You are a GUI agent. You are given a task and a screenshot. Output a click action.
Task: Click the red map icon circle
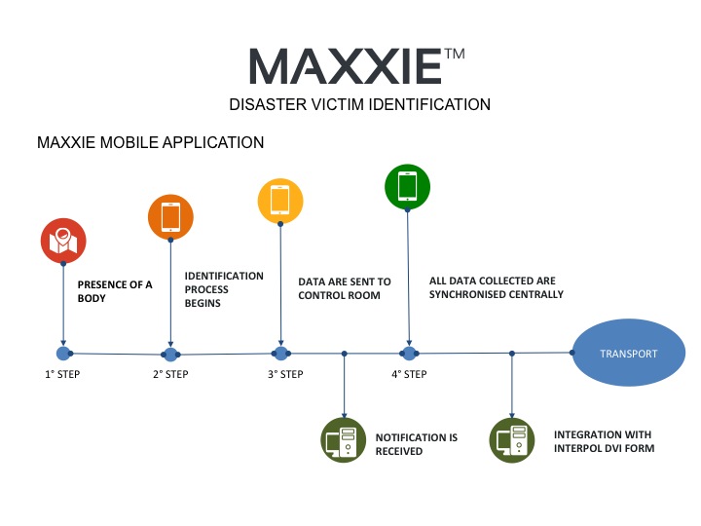click(x=63, y=241)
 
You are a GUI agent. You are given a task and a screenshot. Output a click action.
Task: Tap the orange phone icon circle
click(x=170, y=217)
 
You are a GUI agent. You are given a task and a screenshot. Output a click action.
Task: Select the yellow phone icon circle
click(x=280, y=201)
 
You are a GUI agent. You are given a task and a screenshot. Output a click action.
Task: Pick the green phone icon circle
click(x=407, y=187)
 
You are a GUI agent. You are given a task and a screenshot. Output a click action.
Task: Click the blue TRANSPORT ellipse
click(x=629, y=353)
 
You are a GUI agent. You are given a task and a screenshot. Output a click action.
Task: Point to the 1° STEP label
click(x=62, y=374)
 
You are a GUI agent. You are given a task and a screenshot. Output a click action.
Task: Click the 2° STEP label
click(x=170, y=374)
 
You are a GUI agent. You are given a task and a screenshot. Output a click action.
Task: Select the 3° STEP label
click(x=285, y=374)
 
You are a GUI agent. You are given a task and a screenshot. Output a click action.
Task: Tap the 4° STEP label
click(x=409, y=374)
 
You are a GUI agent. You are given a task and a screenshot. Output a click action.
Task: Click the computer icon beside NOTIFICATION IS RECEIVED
click(x=344, y=440)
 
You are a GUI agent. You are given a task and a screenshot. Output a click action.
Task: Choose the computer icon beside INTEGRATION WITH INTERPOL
click(x=512, y=440)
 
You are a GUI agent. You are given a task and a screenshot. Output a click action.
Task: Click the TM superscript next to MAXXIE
click(x=455, y=55)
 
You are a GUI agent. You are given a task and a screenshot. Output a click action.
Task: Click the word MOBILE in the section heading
click(x=129, y=142)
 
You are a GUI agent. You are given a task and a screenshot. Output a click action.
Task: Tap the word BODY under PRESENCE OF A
click(x=92, y=298)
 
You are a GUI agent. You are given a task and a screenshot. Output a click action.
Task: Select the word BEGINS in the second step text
click(x=203, y=303)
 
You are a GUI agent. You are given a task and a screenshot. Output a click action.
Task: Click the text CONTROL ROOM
click(x=340, y=296)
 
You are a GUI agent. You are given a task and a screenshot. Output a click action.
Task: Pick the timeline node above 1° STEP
click(x=63, y=354)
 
